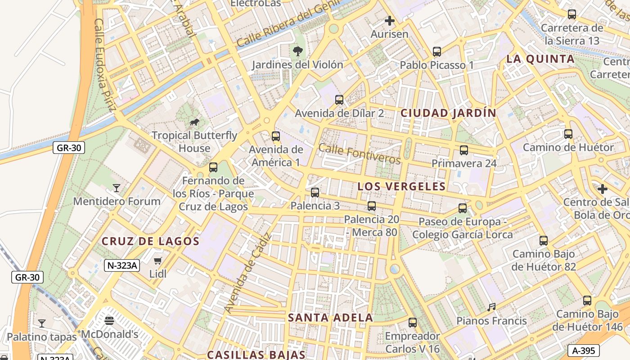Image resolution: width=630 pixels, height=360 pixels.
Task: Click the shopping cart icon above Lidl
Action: [x=157, y=261]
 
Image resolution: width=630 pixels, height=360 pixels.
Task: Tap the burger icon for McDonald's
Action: [x=109, y=321]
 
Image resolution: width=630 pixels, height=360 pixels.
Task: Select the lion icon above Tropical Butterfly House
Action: [x=194, y=122]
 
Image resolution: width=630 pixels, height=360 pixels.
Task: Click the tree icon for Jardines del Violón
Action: [x=297, y=51]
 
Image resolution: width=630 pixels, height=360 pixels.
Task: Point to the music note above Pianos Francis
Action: [x=491, y=307]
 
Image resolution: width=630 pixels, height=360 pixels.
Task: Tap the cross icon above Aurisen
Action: [x=390, y=21]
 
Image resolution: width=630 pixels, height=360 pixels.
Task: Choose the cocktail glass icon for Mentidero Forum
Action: [x=117, y=188]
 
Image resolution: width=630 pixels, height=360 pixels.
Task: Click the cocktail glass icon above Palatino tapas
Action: [x=42, y=324]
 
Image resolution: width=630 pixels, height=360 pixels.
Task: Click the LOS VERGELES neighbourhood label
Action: [x=401, y=186]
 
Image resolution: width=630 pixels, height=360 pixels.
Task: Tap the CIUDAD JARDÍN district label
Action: [x=448, y=113]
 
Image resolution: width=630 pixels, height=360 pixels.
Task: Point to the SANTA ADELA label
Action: [x=330, y=318]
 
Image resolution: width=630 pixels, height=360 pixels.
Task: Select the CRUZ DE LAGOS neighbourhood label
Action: [x=150, y=241]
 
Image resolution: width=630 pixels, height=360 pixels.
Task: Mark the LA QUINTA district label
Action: [x=540, y=59]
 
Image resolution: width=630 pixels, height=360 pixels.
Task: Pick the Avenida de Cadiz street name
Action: [x=248, y=273]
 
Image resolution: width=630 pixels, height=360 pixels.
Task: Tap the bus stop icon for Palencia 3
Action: [x=315, y=193]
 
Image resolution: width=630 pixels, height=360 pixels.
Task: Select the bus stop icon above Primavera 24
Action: [x=464, y=150]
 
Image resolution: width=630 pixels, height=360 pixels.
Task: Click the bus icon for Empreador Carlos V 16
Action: [x=413, y=323]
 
